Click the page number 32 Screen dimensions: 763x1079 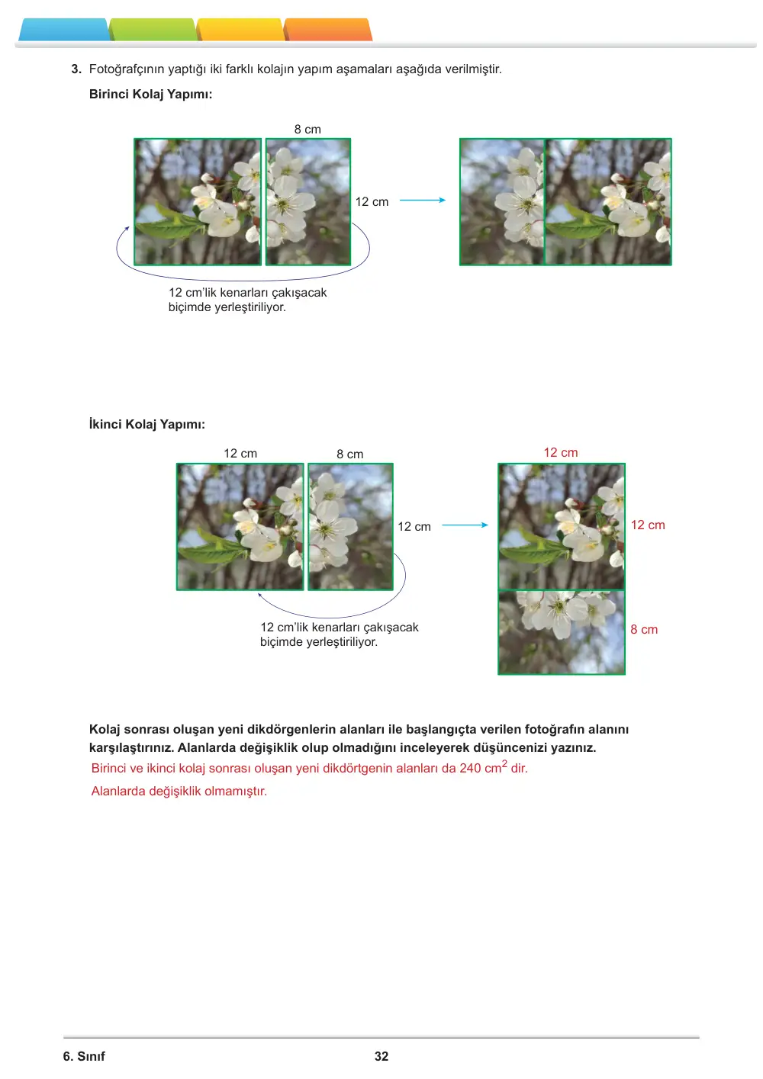click(381, 1056)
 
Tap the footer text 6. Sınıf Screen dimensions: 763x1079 click(84, 1056)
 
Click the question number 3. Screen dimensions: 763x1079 click(76, 69)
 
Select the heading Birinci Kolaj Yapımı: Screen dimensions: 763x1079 click(150, 94)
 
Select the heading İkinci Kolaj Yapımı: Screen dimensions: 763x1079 click(147, 425)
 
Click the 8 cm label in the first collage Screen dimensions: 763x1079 click(307, 129)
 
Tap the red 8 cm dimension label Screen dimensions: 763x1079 click(644, 629)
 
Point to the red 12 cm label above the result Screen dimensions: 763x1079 click(561, 452)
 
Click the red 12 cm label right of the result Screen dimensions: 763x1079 click(648, 525)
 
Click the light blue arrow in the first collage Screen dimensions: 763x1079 click(423, 200)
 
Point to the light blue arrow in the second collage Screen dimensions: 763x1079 click(465, 525)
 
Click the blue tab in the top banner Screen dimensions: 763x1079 click(63, 30)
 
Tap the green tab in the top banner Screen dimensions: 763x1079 click(153, 30)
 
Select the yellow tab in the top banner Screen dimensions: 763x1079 click(240, 30)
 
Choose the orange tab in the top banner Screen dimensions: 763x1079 click(328, 30)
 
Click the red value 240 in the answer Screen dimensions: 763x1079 click(470, 768)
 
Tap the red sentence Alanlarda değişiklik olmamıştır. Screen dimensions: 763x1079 click(179, 791)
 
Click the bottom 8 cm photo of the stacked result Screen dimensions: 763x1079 click(562, 632)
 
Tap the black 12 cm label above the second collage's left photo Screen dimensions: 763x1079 click(240, 453)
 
